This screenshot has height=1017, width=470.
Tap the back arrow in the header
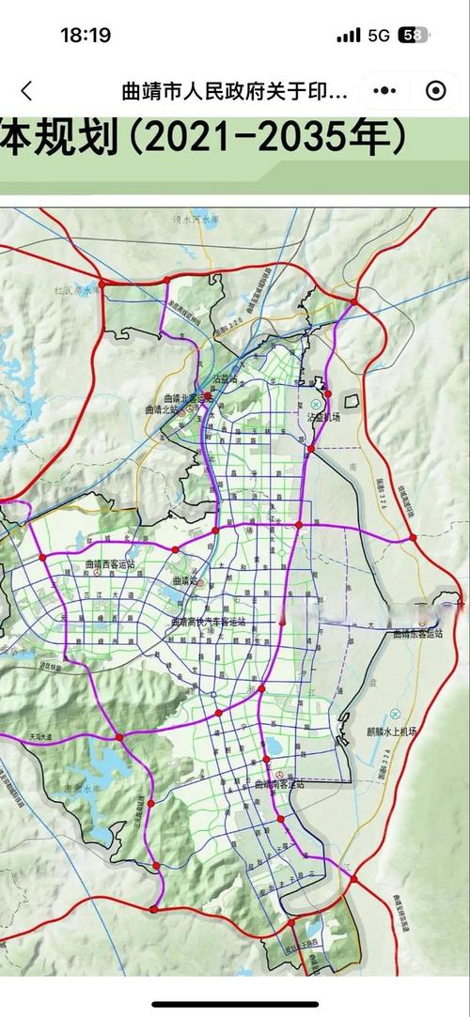pos(26,91)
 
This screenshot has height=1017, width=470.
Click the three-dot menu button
pos(384,91)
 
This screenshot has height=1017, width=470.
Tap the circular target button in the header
pos(435,91)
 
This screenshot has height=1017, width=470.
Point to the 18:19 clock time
pos(86,35)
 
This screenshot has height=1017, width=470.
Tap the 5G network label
pos(379,35)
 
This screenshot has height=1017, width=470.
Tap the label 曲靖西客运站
pos(110,564)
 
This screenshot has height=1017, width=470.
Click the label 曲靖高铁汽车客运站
pos(208,622)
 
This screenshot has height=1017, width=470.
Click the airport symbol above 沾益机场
pos(316,403)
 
